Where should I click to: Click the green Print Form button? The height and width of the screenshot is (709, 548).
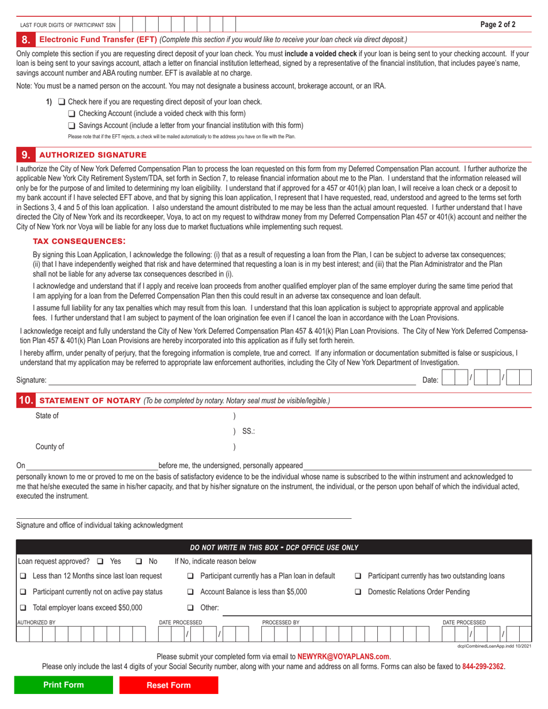tap(63, 685)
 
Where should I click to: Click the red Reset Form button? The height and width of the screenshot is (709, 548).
tap(168, 685)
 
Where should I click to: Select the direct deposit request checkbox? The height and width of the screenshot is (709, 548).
tap(62, 102)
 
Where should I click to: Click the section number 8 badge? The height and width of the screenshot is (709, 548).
tap(25, 40)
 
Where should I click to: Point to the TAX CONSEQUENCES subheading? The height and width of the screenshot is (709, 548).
tap(78, 240)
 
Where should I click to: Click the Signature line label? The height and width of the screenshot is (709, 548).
tap(31, 380)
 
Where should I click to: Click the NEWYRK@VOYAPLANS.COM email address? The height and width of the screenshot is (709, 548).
tap(343, 656)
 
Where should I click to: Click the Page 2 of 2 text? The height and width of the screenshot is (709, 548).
tap(498, 25)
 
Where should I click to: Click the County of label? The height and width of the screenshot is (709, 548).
tap(50, 447)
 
